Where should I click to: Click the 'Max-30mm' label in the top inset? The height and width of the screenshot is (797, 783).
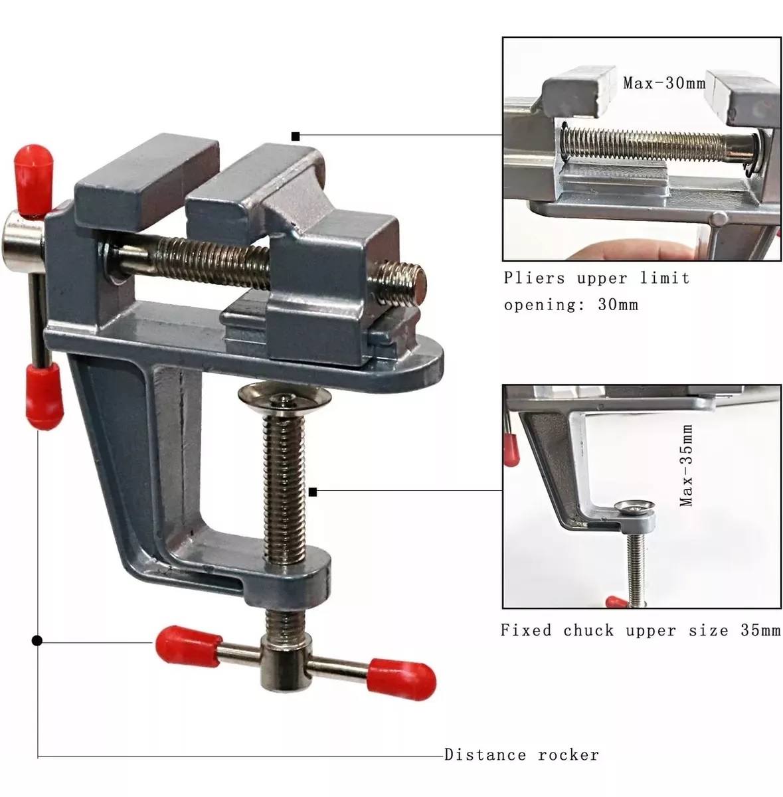click(664, 83)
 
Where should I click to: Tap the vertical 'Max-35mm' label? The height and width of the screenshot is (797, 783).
click(686, 466)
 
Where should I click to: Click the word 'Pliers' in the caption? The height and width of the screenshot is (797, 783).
click(534, 278)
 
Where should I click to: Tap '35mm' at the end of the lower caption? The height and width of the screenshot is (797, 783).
click(760, 630)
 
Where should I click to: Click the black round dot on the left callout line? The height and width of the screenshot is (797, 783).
click(37, 641)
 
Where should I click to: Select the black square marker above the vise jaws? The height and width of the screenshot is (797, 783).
click(296, 137)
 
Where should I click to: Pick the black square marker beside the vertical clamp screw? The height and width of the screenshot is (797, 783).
click(313, 492)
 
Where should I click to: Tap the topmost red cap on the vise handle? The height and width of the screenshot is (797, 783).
click(35, 179)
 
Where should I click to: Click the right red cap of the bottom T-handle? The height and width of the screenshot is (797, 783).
click(402, 679)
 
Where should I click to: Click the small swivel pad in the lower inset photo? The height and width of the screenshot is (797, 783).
click(634, 506)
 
